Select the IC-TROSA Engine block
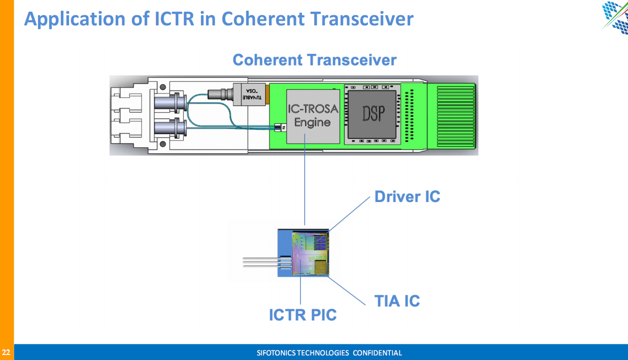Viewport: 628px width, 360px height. (312, 115)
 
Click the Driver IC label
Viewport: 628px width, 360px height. (407, 197)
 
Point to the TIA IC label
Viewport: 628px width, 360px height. (397, 301)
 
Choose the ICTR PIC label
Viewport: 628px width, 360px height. (303, 315)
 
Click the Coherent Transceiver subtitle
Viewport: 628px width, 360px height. (314, 60)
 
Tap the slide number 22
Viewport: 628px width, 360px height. (6, 352)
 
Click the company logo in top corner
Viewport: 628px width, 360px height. (615, 16)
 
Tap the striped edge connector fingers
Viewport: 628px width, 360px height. (451, 115)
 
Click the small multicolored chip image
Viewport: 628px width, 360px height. (309, 252)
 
